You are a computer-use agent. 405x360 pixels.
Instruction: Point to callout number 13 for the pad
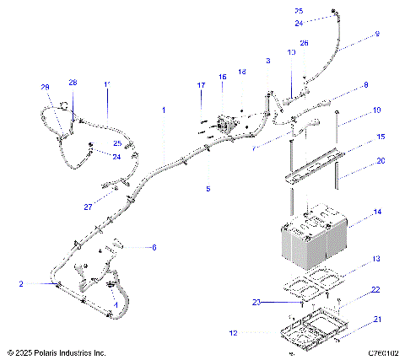[377, 258]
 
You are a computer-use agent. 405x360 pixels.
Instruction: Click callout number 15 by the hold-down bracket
[381, 136]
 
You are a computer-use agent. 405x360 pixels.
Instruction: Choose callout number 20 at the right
[381, 160]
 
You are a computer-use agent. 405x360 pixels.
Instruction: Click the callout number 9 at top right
[377, 35]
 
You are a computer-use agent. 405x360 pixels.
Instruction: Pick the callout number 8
[365, 85]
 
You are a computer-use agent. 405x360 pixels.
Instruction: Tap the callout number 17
[201, 85]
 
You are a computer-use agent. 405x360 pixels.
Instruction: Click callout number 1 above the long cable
[164, 110]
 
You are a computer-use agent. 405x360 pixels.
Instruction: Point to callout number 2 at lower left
[20, 284]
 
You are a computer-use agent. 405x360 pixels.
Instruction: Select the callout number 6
[154, 247]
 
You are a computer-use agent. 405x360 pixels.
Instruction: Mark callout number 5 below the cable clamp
[208, 189]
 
